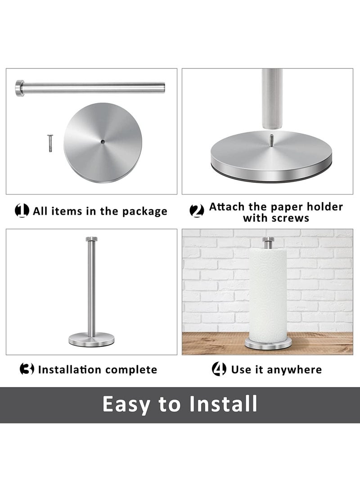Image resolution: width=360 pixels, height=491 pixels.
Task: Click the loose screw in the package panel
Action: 49,143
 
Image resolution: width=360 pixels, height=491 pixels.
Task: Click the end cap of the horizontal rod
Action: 20,88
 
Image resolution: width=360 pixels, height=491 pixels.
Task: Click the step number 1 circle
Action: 22,210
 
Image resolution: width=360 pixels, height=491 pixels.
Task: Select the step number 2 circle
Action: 197,210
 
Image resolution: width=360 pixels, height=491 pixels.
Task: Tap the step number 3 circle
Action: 27,369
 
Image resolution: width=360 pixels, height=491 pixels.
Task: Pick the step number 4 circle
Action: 219,369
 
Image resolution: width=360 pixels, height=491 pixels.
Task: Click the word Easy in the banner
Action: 126,404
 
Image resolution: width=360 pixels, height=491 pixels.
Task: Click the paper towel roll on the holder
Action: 268,293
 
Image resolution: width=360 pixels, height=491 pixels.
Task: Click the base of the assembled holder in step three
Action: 91,339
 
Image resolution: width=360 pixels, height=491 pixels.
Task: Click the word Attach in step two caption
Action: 228,207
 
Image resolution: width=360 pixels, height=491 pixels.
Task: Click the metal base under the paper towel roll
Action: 268,344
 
